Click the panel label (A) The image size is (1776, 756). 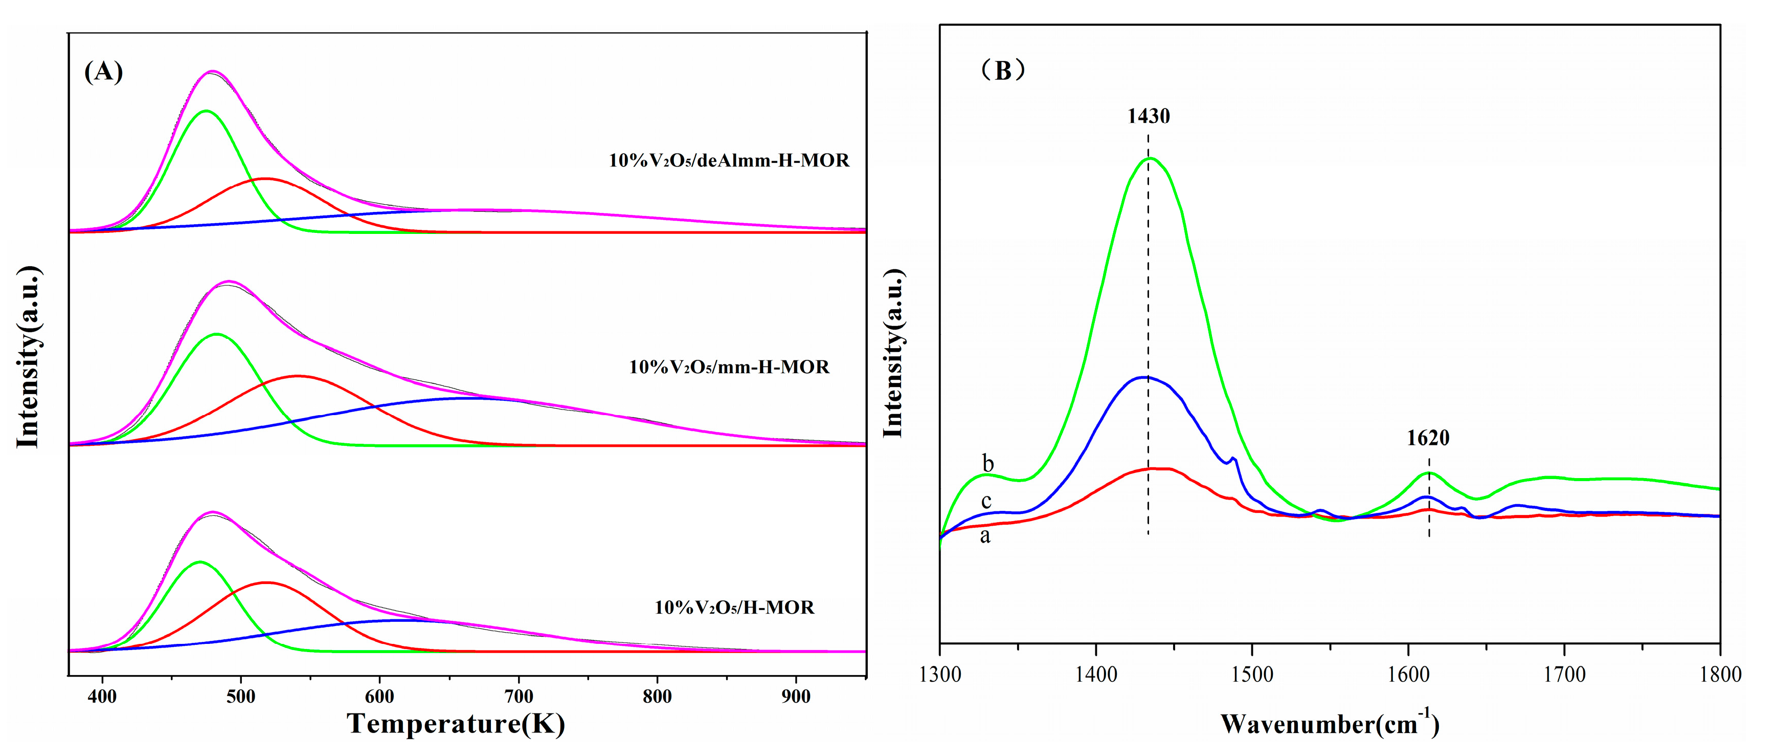click(103, 72)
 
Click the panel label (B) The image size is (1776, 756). click(1003, 70)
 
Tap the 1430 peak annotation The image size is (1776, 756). click(1148, 116)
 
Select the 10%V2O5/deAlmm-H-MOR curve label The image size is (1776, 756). click(729, 161)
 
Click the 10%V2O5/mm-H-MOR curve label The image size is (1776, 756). click(729, 367)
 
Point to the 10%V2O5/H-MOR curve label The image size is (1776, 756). click(734, 608)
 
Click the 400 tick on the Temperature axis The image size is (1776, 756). click(102, 697)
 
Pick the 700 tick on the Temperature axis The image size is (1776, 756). click(519, 697)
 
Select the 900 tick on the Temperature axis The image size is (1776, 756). click(796, 697)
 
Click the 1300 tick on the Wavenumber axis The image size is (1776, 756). click(940, 674)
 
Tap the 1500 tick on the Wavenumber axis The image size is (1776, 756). click(1252, 674)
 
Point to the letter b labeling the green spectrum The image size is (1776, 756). click(988, 464)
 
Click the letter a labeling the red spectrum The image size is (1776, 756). click(985, 536)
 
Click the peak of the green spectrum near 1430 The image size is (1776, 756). click(1149, 159)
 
